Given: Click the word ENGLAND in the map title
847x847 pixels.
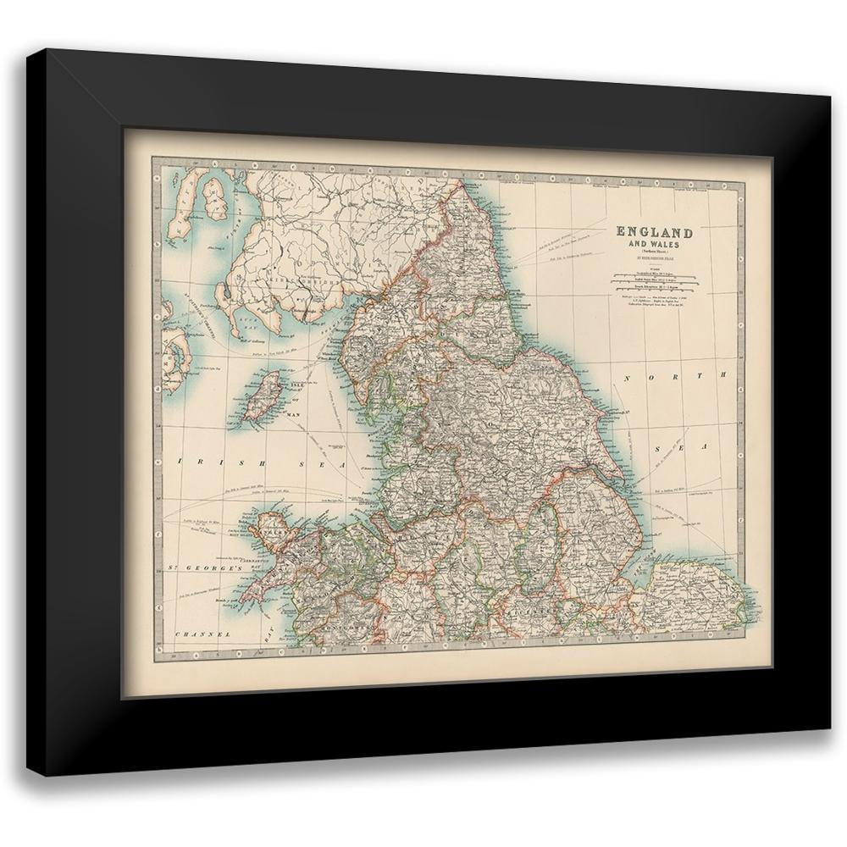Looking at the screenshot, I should pos(654,231).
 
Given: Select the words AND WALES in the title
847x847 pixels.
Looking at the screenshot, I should pos(654,245).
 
